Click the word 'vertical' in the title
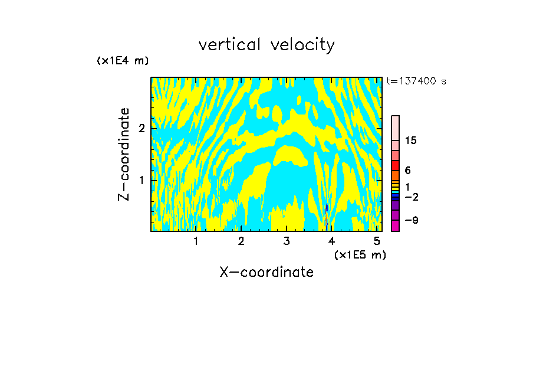pos(231,45)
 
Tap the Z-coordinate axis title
pos(124,154)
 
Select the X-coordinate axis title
pos(266,272)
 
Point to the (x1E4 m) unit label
pos(123,61)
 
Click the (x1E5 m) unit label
pos(360,254)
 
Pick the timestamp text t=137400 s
pos(416,81)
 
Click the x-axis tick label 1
pos(196,241)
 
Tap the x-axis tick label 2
pos(241,241)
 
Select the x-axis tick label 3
pos(287,241)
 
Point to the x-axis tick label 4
pos(332,241)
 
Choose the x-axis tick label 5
pos(377,241)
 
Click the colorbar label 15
pos(411,140)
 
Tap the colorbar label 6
pos(407,171)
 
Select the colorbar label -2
pos(411,197)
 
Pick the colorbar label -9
pos(411,220)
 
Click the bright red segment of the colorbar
pos(396,165)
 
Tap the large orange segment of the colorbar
pos(396,176)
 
